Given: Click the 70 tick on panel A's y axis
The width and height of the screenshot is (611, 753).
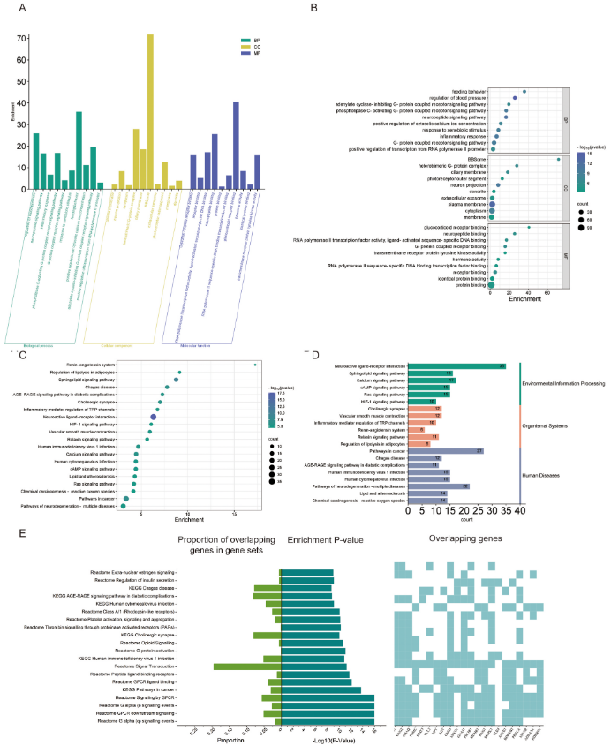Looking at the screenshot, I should (20, 40).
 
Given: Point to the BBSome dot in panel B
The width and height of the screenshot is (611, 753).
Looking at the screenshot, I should (558, 159).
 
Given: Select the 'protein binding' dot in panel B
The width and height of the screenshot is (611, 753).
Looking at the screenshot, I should (493, 284).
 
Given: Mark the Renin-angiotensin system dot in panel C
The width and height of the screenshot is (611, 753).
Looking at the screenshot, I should (255, 364).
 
